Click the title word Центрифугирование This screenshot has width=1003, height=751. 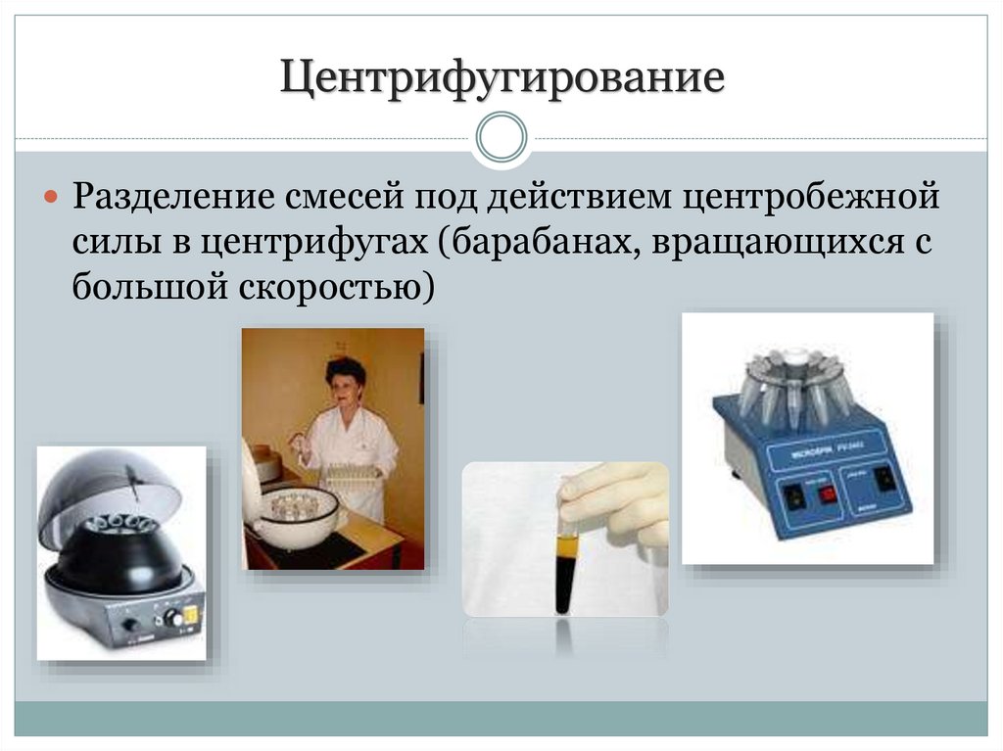(502, 77)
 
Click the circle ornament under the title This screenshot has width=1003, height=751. (501, 138)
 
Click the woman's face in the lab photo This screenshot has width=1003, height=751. (348, 384)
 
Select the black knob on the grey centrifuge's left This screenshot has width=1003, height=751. (128, 623)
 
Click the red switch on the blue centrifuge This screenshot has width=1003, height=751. (828, 492)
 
